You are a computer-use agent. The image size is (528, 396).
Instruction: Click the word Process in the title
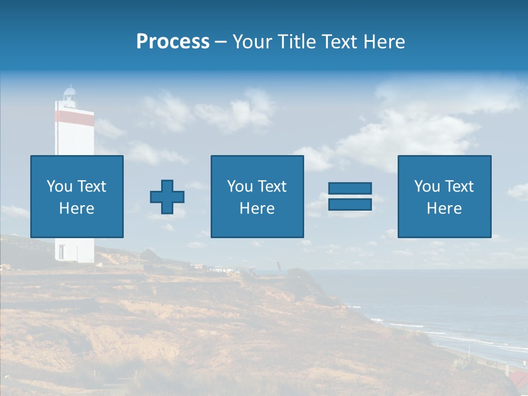coord(173,42)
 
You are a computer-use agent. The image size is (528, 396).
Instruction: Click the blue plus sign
coord(167,197)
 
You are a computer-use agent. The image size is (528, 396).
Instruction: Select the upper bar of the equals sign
coord(350,189)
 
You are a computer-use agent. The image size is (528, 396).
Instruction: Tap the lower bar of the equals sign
coord(350,204)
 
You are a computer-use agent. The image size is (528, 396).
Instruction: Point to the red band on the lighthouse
coord(74,117)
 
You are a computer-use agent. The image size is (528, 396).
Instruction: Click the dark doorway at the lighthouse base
coord(61,252)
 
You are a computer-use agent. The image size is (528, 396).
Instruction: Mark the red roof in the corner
coord(517,378)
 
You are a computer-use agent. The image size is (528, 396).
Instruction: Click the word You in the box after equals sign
coord(427,186)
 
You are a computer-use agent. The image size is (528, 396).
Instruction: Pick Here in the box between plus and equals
coord(257,208)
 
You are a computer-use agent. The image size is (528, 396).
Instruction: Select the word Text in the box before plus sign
coord(92,186)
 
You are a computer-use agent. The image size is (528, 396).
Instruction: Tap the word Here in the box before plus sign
coord(77,208)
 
